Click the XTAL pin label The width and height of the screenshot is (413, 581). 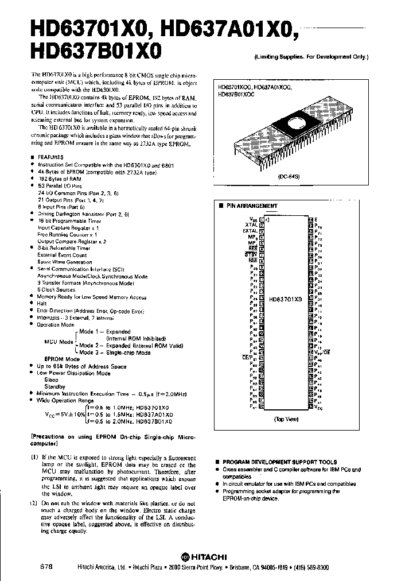pos(251,224)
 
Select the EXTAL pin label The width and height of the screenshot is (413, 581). pos(249,231)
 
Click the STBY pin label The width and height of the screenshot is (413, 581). pos(251,254)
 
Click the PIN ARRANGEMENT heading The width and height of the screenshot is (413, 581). pos(252,206)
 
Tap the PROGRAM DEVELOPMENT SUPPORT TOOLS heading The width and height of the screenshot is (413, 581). pos(279,462)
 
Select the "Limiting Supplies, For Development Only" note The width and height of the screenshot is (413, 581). pos(311,57)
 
